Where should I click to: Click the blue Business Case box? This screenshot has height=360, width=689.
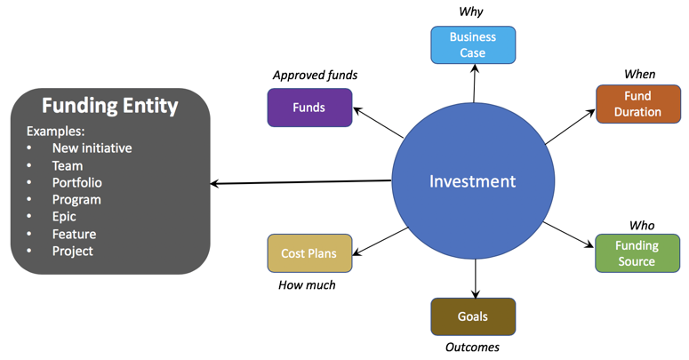pos(473,45)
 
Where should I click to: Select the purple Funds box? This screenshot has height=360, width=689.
pos(309,108)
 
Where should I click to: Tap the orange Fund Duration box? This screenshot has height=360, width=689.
pos(637,104)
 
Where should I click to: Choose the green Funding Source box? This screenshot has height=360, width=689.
pos(637,253)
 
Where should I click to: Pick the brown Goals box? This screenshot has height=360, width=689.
pos(473,316)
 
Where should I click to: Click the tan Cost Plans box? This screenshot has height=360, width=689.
pos(309,253)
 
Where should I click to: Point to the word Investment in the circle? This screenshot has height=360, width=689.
pos(472,180)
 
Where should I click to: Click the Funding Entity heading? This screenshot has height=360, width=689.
pos(110,106)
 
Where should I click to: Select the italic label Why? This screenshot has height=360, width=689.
pos(471,12)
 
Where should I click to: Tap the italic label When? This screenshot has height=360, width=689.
pos(639,74)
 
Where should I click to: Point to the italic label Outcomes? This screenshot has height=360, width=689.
pos(472,347)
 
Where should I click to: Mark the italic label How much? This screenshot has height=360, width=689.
pos(308,285)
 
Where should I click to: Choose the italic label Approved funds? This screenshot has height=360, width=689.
pos(315,76)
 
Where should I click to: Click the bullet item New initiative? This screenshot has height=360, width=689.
pos(92,148)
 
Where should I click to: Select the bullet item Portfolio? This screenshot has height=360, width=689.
pos(76,182)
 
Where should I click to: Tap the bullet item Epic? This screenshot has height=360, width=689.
pos(64,217)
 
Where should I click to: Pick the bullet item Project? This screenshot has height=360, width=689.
pos(72,251)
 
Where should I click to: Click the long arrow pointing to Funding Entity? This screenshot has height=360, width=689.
pos(302,182)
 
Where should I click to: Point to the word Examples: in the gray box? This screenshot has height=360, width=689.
pos(55,131)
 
